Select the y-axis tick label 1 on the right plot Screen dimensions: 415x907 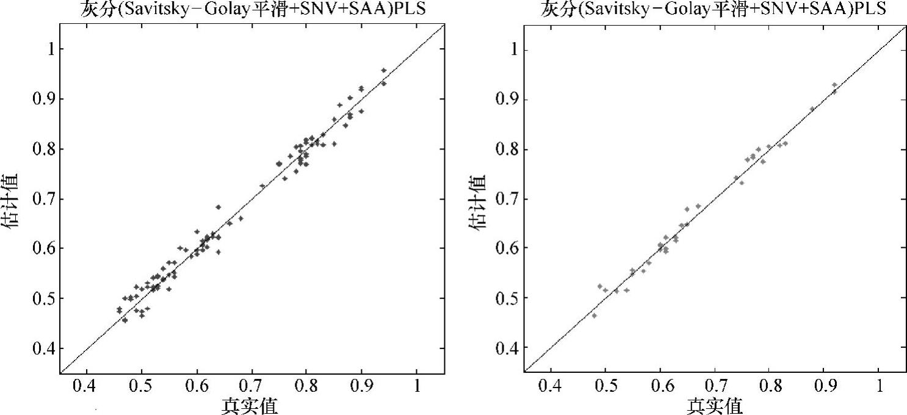tap(510, 49)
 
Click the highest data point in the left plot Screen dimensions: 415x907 tap(384, 71)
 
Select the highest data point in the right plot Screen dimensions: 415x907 tap(834, 85)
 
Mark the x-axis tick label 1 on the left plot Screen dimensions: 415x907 tap(417, 388)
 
